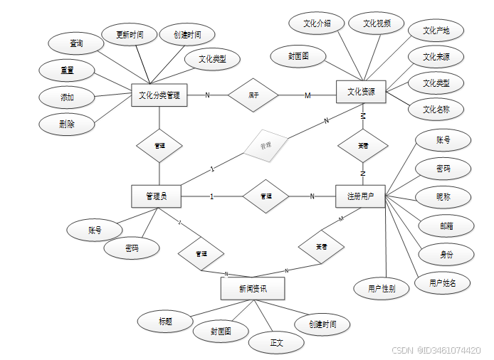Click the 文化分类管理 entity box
pyautogui.click(x=159, y=95)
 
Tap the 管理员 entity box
pyautogui.click(x=156, y=196)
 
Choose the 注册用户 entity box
pyautogui.click(x=360, y=196)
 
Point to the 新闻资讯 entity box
pyautogui.click(x=253, y=288)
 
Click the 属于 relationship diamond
pyautogui.click(x=253, y=95)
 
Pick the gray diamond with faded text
pyautogui.click(x=265, y=146)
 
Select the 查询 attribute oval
pyautogui.click(x=75, y=43)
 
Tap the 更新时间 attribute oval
pyautogui.click(x=135, y=34)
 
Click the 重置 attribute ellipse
pyautogui.click(x=67, y=70)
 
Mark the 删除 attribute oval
pyautogui.click(x=67, y=124)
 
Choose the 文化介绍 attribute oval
pyautogui.click(x=317, y=23)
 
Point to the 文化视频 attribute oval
pyautogui.click(x=377, y=23)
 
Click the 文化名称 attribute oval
pyautogui.click(x=436, y=110)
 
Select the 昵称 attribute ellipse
pyautogui.click(x=443, y=196)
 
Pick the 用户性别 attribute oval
pyautogui.click(x=382, y=288)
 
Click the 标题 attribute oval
pyautogui.click(x=165, y=322)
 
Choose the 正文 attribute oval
pyautogui.click(x=276, y=342)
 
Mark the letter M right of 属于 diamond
pyautogui.click(x=308, y=95)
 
